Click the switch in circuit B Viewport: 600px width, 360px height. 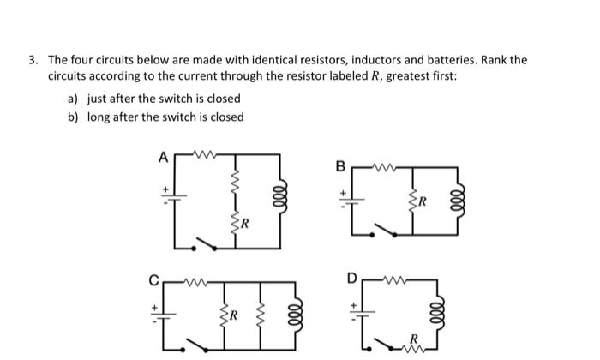pos(387,229)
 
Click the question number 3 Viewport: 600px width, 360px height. pos(32,60)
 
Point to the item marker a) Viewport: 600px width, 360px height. pos(74,99)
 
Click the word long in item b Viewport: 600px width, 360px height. pos(100,117)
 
